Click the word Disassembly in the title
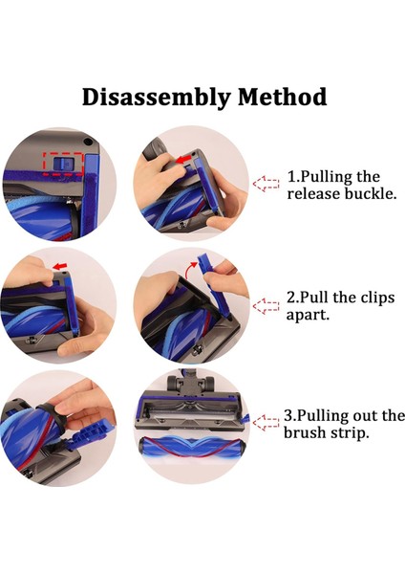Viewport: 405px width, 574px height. click(157, 98)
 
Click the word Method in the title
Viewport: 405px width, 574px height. click(282, 97)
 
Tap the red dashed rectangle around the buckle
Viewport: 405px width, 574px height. click(63, 164)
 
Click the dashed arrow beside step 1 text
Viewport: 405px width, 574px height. click(266, 184)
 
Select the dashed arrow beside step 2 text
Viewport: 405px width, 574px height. click(266, 306)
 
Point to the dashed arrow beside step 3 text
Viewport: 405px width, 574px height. click(266, 423)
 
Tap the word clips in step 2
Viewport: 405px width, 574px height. click(378, 298)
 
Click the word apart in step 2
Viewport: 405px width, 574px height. click(308, 316)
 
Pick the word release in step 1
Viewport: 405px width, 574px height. click(314, 193)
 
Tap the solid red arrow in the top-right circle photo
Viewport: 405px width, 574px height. click(182, 159)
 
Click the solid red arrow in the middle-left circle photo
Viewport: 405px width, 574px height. click(61, 265)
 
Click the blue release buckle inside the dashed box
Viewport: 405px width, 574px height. click(63, 164)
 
